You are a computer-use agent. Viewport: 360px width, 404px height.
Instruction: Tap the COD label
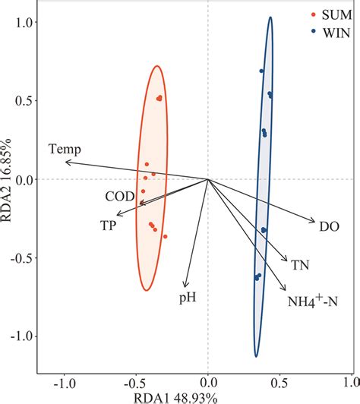click(120, 197)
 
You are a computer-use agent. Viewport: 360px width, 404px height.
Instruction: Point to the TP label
click(109, 226)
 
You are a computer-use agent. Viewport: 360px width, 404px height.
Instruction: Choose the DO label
click(329, 225)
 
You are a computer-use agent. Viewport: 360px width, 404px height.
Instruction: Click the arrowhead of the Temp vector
click(66, 162)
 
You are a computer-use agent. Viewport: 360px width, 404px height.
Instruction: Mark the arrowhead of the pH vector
click(185, 286)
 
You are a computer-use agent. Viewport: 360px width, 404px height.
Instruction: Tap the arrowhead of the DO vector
click(314, 222)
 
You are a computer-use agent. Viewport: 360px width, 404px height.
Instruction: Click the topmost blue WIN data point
click(261, 71)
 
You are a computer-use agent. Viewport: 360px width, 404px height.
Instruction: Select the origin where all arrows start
click(208, 179)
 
